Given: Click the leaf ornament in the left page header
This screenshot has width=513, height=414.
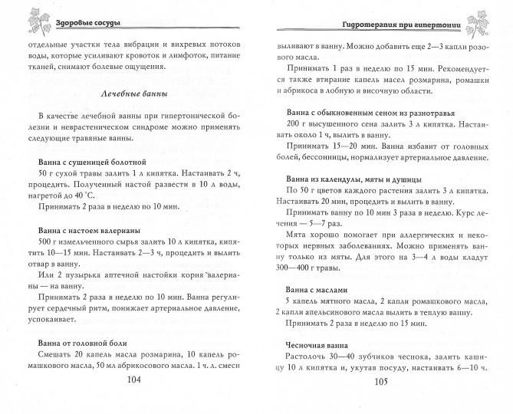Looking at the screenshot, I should point(18,18).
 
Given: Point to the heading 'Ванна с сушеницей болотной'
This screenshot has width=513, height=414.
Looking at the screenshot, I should point(91,162).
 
